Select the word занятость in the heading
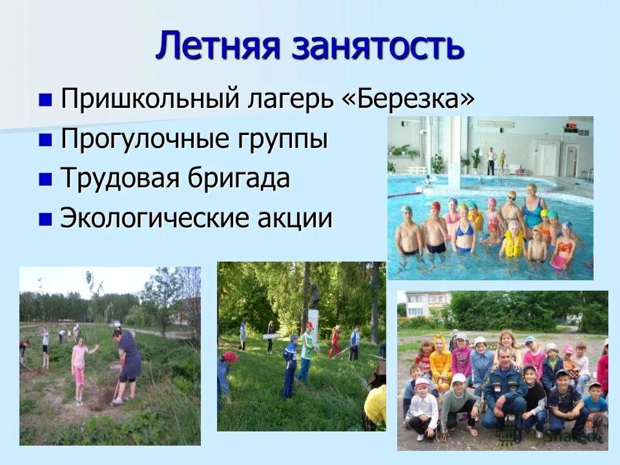pyautogui.click(x=378, y=46)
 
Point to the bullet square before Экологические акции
pyautogui.click(x=45, y=220)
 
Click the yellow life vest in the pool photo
pyautogui.click(x=513, y=243)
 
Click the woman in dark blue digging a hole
pyautogui.click(x=127, y=362)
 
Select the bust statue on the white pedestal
pyautogui.click(x=315, y=296)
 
